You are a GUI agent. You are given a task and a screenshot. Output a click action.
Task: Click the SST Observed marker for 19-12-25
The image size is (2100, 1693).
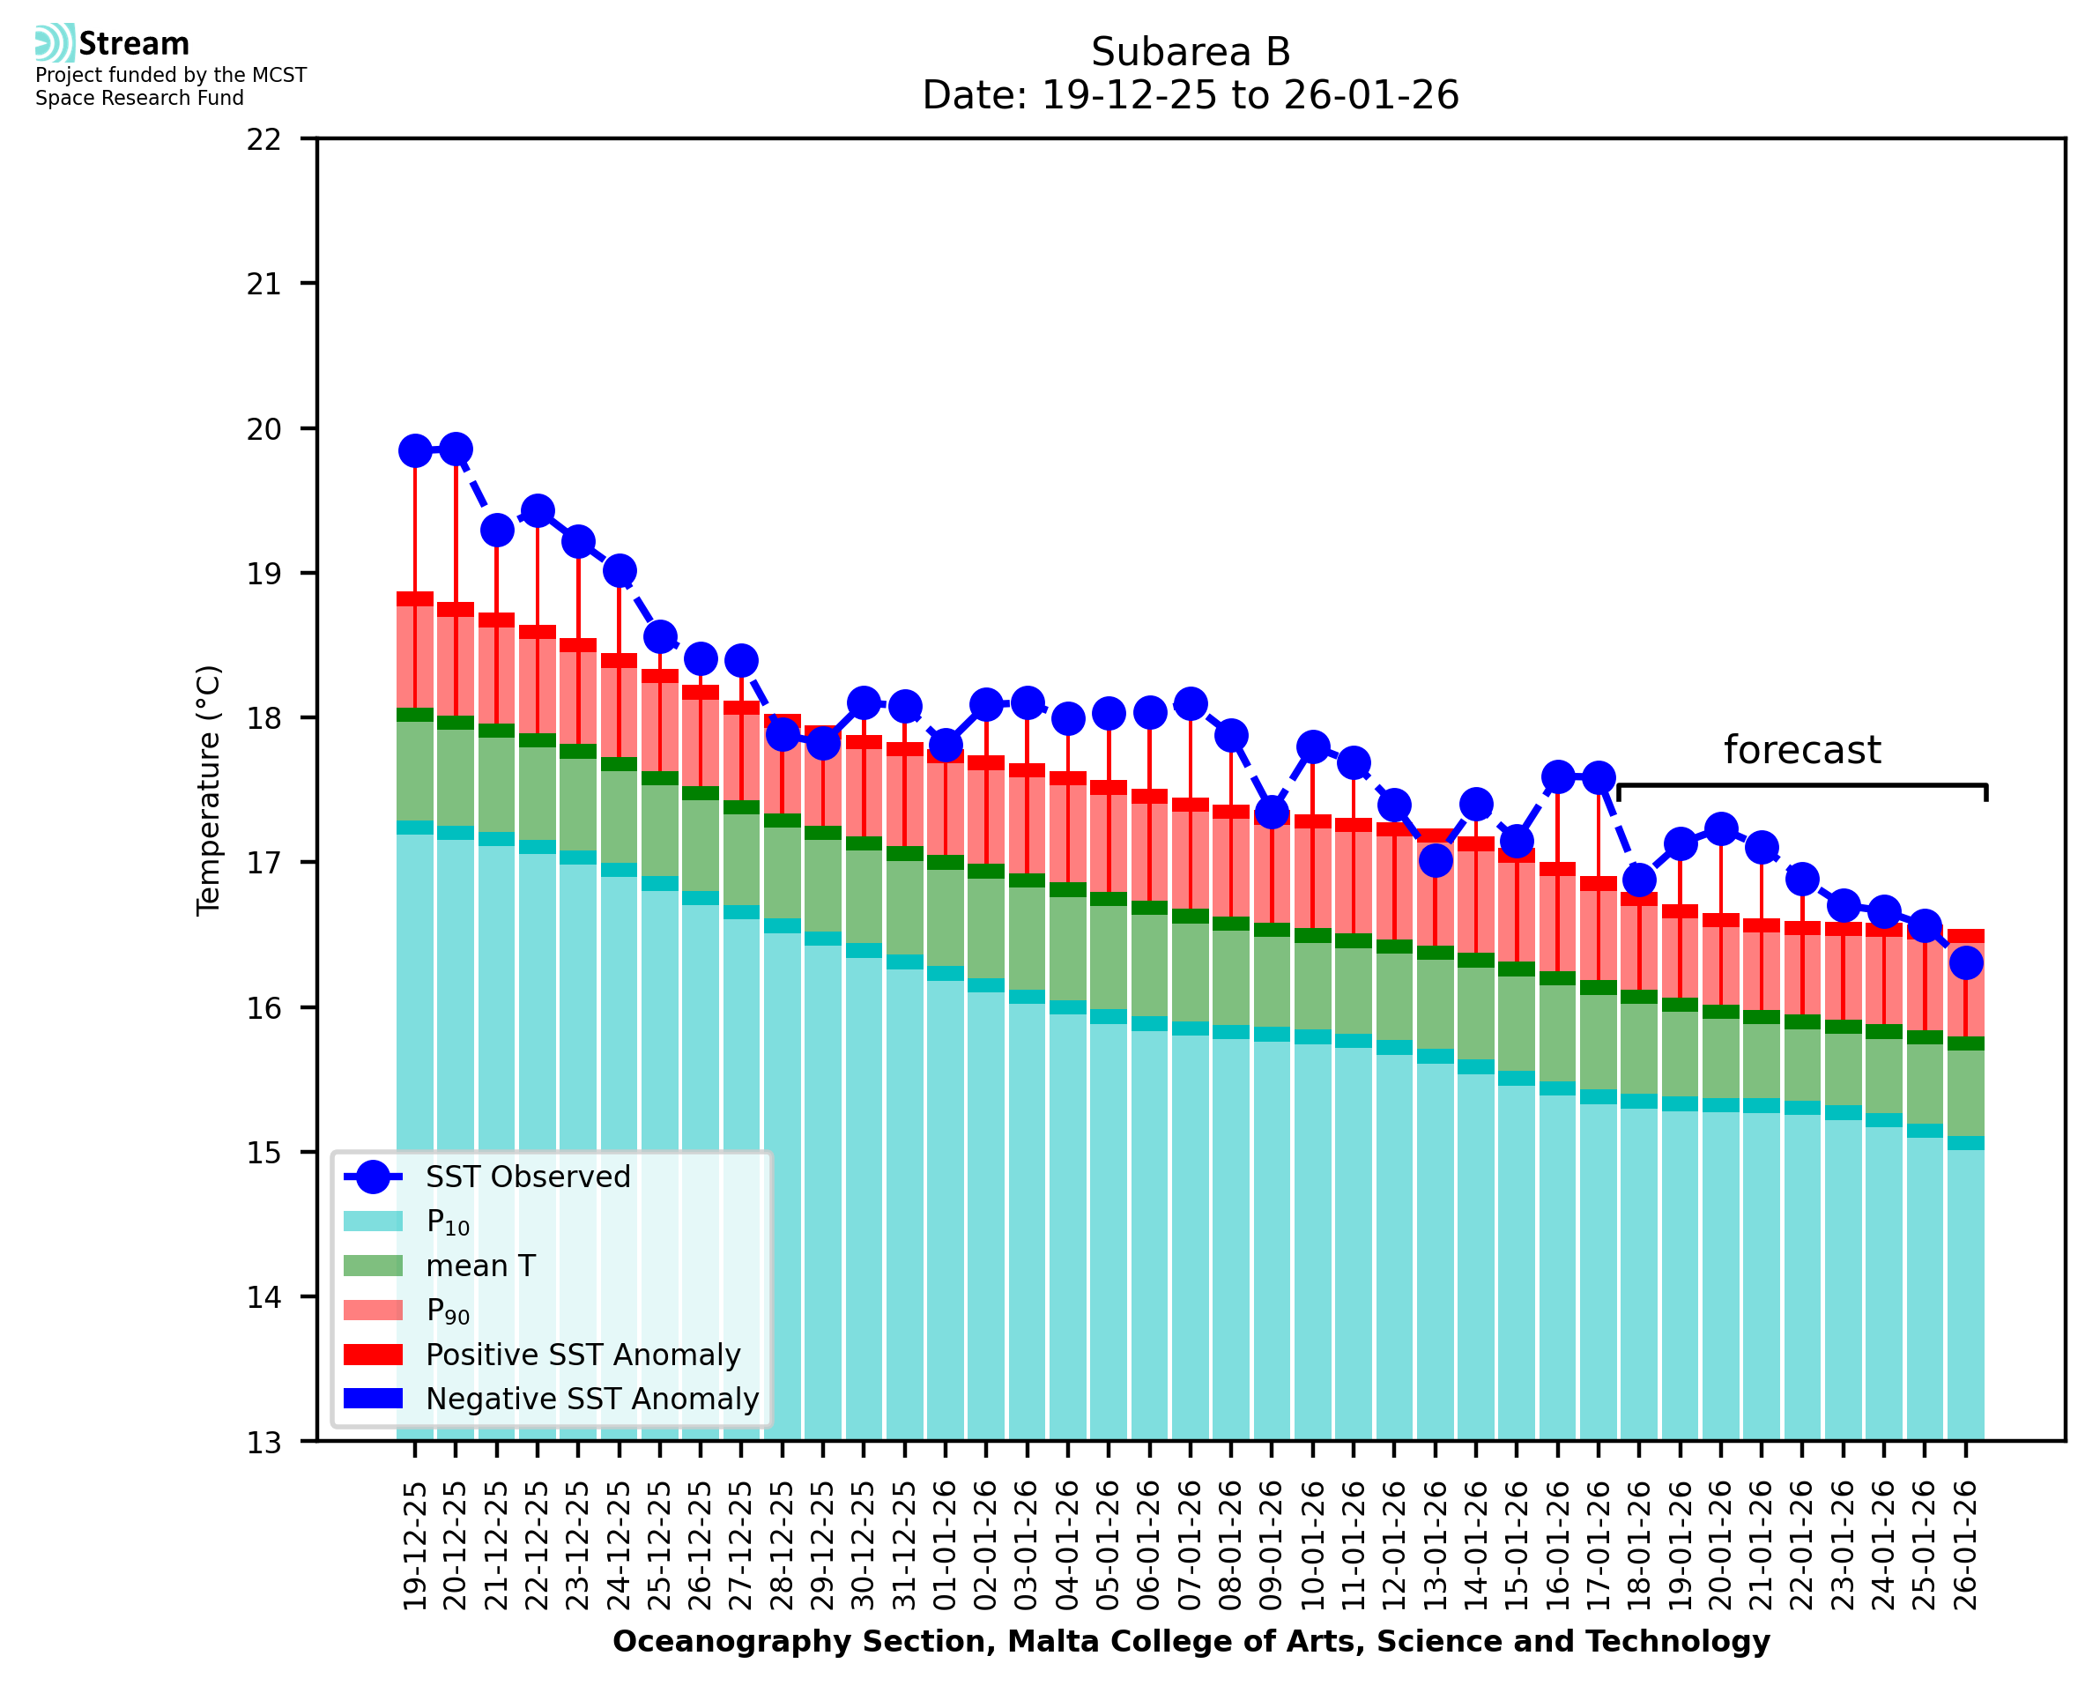(x=415, y=450)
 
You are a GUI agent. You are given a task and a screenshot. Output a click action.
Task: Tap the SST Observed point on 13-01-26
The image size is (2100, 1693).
(x=1435, y=860)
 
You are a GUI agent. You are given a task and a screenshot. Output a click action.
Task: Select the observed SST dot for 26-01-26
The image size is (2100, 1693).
(x=1965, y=963)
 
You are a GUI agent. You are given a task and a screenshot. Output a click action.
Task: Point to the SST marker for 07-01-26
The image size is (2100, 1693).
(x=1191, y=703)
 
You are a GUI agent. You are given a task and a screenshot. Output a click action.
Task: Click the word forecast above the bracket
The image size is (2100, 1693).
(x=1801, y=750)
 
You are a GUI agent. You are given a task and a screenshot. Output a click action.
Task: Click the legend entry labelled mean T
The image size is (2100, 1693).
(x=480, y=1266)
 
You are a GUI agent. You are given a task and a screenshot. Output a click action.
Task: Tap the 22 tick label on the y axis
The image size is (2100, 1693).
(x=264, y=139)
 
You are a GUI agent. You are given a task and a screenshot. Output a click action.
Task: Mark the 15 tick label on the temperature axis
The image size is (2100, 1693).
(x=264, y=1153)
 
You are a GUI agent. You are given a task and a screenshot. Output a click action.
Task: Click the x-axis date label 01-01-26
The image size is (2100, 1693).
(x=945, y=1546)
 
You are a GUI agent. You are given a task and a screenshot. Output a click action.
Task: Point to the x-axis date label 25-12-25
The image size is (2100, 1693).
(x=660, y=1546)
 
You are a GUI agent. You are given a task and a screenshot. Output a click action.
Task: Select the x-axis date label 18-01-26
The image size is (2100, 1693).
(x=1639, y=1546)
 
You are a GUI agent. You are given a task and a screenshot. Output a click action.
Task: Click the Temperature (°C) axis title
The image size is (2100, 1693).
(x=209, y=790)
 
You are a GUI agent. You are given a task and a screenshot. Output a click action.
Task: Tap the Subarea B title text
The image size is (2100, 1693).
(x=1191, y=52)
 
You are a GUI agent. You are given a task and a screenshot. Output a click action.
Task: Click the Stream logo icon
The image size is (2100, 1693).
(x=55, y=43)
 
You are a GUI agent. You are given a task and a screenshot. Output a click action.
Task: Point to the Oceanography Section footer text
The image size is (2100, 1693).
(x=1191, y=1641)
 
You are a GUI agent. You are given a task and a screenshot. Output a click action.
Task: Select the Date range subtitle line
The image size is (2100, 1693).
(x=1191, y=95)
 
